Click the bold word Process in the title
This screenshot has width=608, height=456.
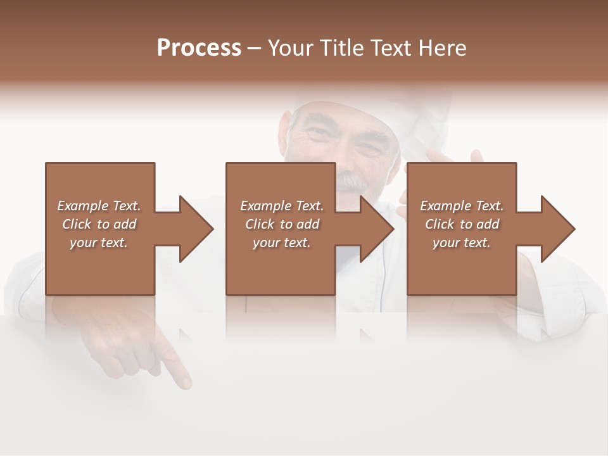(x=199, y=48)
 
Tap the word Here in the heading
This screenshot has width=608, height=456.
(x=441, y=48)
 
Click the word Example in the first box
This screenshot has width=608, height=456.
(x=82, y=206)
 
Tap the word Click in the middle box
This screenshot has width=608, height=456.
(x=258, y=224)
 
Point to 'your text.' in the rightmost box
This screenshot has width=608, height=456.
(x=462, y=243)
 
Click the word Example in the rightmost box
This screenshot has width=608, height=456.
(x=445, y=206)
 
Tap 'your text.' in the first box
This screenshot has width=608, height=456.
(x=99, y=243)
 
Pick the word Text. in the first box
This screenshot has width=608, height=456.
(x=127, y=206)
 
